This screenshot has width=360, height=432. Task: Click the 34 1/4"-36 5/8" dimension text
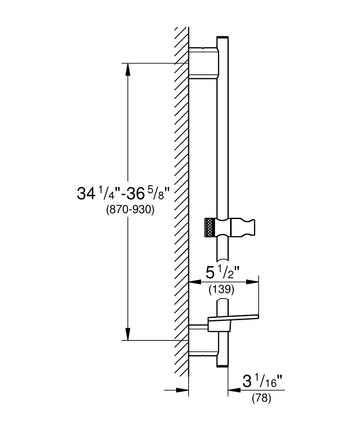coord(123,193)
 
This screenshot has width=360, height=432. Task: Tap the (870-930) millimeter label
coord(130,210)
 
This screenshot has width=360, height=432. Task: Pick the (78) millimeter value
coord(262,398)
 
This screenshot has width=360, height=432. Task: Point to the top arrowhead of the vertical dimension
coord(128,70)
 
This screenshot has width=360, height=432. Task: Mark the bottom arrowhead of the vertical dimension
coord(128,334)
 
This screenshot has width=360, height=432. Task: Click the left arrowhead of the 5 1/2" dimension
coord(195,282)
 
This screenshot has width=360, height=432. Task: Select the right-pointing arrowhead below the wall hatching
coord(182,390)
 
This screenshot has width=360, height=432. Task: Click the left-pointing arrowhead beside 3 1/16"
coord(234,390)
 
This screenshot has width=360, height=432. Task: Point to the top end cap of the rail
coord(223,37)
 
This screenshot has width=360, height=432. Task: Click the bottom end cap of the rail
coord(223,366)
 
